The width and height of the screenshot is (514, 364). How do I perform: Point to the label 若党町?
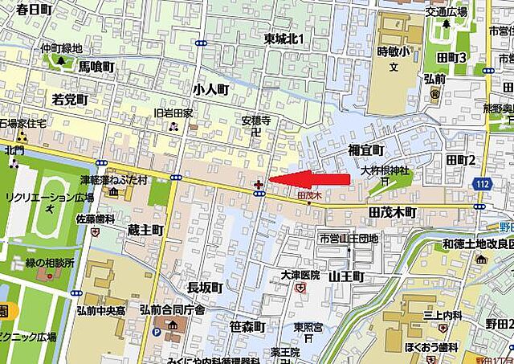pyautogui.click(x=69, y=99)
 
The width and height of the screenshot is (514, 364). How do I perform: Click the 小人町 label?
pyautogui.click(x=211, y=89)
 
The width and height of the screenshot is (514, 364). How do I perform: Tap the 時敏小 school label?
pyautogui.click(x=394, y=51)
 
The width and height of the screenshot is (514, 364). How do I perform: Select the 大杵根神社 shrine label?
pyautogui.click(x=385, y=170)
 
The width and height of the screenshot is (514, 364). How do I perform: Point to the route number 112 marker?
pyautogui.click(x=481, y=185)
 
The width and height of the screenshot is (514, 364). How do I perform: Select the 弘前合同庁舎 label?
pyautogui.click(x=172, y=309)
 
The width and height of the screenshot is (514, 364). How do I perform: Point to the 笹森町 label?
pyautogui.click(x=247, y=326)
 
